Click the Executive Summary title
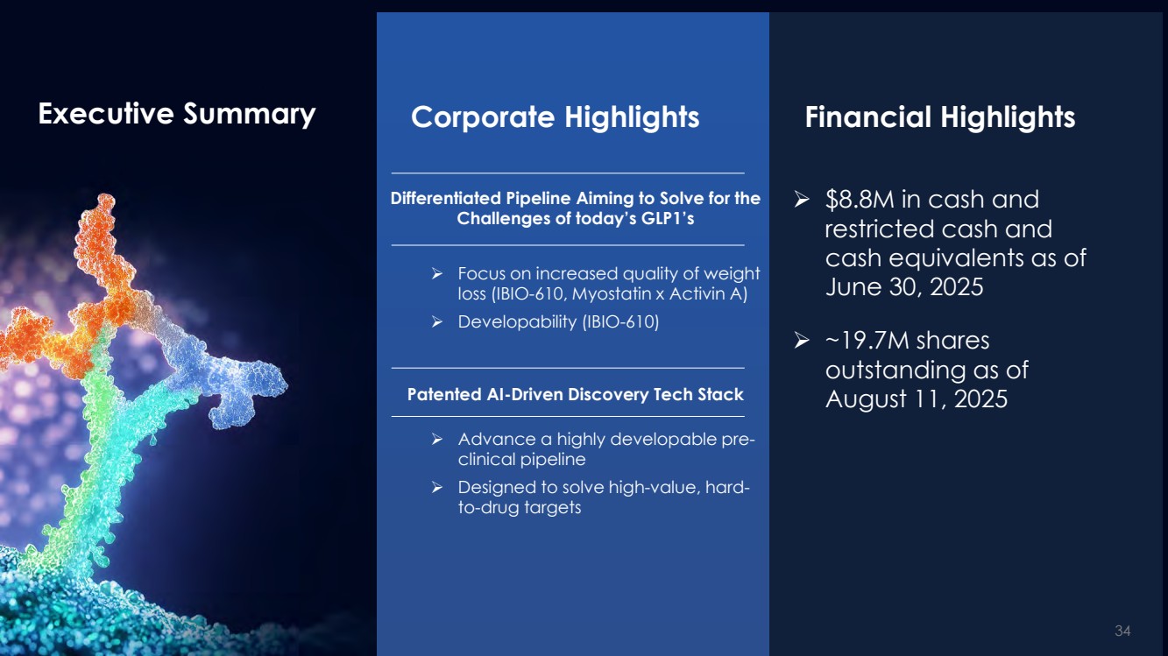pos(177,114)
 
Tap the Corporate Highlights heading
pos(555,117)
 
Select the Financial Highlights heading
pos(939,117)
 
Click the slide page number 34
pos(1122,631)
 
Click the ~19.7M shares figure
pos(907,340)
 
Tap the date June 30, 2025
pos(904,287)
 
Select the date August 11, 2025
pos(917,399)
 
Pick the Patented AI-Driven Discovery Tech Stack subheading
pos(575,394)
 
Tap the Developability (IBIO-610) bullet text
pos(558,322)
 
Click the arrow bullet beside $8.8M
pos(802,199)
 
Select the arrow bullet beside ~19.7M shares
pos(802,340)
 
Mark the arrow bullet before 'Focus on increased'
pos(437,273)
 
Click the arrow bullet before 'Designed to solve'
pos(437,488)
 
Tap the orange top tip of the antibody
pos(104,203)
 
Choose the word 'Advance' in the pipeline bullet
pos(497,440)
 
